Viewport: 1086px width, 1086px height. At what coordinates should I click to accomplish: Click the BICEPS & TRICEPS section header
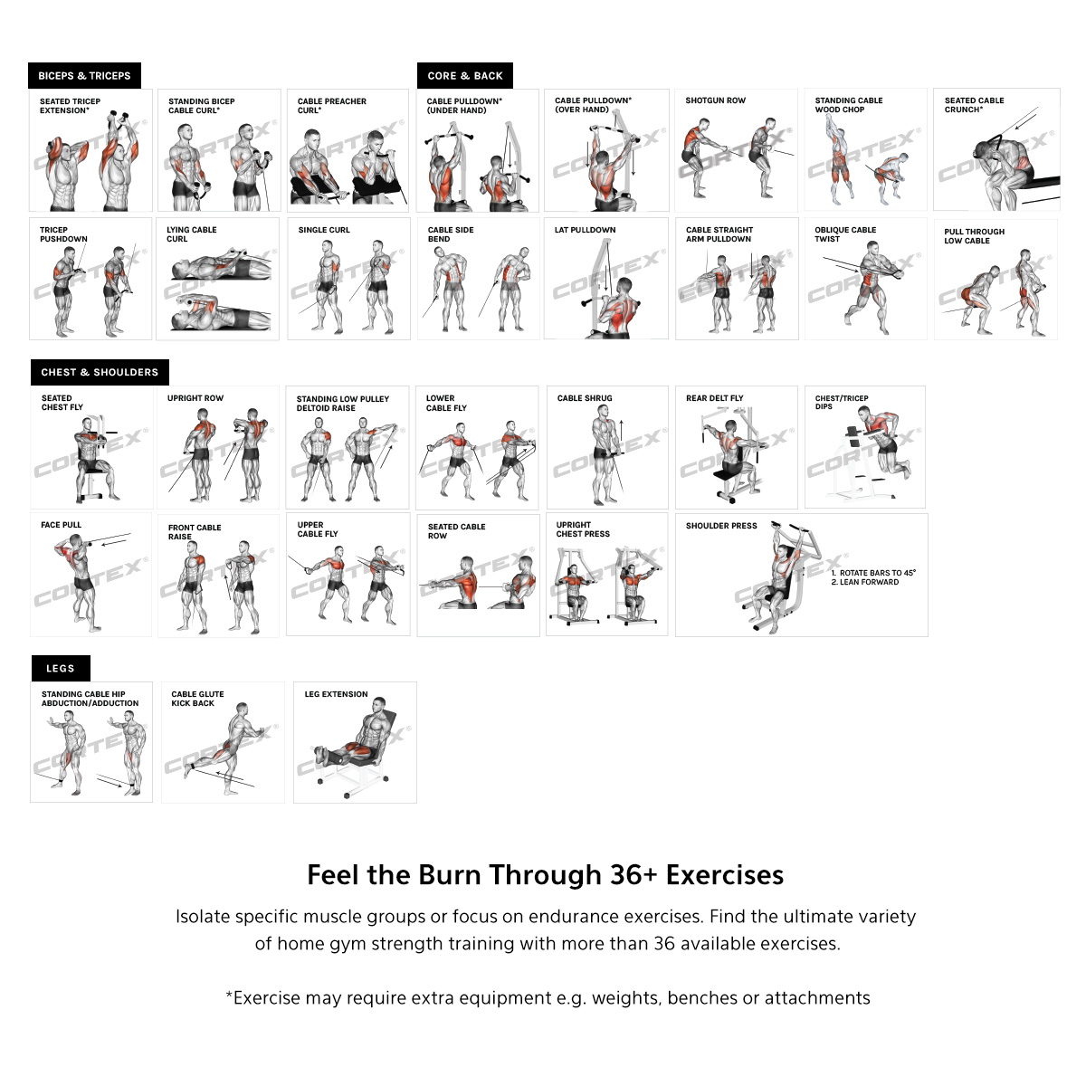[84, 75]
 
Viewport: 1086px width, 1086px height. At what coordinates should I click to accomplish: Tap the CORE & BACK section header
[465, 75]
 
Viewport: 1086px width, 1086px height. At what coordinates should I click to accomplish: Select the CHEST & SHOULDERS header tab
[100, 372]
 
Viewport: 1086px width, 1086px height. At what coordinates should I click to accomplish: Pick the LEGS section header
[61, 669]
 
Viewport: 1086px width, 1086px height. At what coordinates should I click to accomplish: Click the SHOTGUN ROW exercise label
[715, 100]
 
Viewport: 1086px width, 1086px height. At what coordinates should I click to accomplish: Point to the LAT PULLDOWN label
[585, 230]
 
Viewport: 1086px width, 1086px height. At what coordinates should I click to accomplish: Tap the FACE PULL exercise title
[61, 525]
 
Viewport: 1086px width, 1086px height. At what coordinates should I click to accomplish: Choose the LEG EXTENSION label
[336, 694]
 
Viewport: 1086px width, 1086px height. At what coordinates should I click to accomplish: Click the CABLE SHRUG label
[585, 398]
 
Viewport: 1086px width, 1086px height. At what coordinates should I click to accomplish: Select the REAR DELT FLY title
[715, 398]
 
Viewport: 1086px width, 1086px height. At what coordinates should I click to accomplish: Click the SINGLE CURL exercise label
[324, 230]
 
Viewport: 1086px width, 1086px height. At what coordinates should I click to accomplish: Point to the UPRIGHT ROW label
[195, 398]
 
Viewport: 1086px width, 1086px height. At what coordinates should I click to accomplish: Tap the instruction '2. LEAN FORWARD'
[865, 582]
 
